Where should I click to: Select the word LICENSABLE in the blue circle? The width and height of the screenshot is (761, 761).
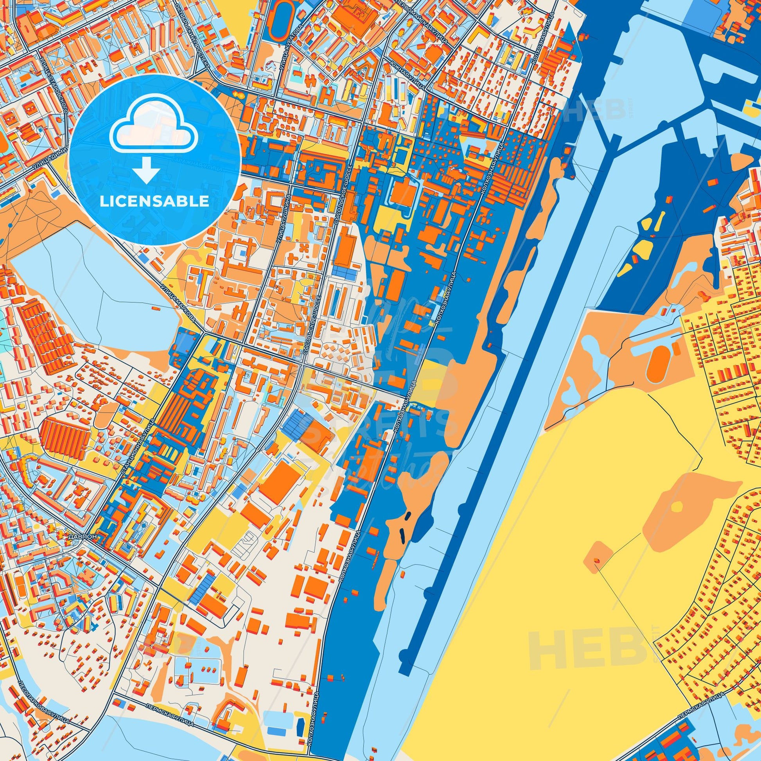[x=154, y=201]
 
